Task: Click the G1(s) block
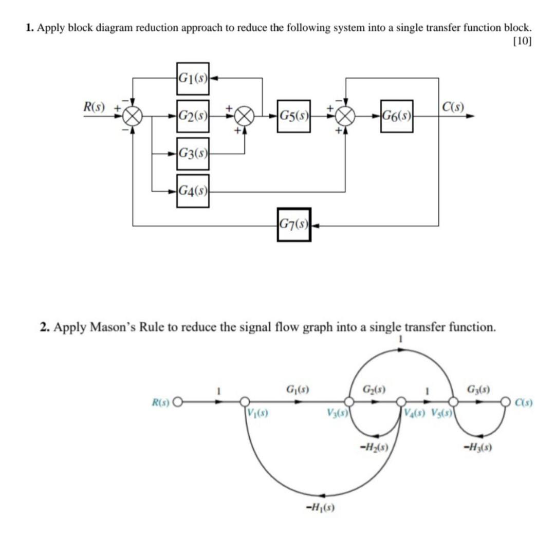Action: coord(193,79)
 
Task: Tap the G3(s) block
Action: coord(193,154)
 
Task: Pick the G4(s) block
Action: coord(193,191)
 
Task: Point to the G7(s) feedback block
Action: coord(294,225)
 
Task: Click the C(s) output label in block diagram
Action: coord(452,107)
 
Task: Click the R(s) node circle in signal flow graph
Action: coord(178,402)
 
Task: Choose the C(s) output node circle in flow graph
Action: coord(507,402)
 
